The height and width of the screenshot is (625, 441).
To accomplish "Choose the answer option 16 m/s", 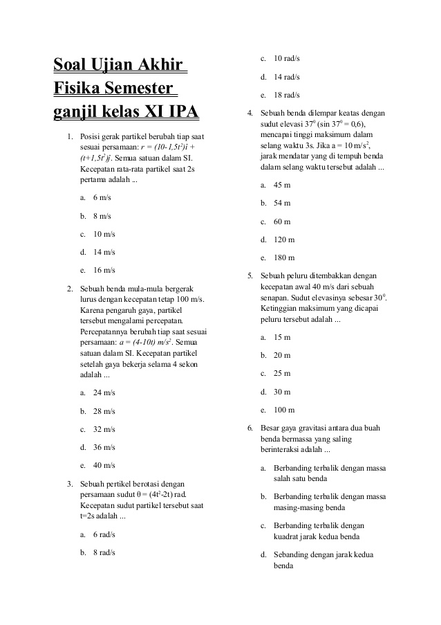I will [x=104, y=270].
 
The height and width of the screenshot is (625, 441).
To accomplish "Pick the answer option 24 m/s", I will [x=104, y=392].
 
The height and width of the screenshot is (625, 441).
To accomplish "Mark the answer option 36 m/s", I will [x=104, y=447].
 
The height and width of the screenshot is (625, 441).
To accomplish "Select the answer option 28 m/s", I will [x=104, y=411].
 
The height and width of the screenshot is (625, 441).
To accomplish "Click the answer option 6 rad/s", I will [x=104, y=534].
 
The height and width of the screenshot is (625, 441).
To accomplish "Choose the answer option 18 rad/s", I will [x=287, y=94].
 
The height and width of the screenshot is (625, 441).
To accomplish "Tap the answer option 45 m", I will [x=282, y=185].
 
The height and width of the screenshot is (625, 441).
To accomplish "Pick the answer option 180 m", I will [x=284, y=257].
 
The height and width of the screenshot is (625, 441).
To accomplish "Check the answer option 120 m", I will [x=284, y=239].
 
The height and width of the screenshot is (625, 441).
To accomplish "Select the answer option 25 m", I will [x=282, y=373].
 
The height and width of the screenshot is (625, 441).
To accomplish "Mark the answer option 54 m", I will [x=282, y=203].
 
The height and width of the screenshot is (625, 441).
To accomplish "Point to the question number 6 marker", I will [x=250, y=427].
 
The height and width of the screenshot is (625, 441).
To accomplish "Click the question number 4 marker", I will [x=250, y=113].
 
